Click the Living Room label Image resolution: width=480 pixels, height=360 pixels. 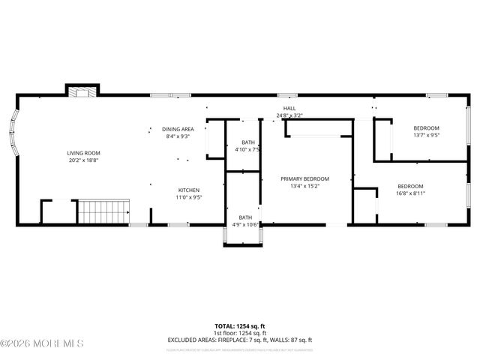coord(82,153)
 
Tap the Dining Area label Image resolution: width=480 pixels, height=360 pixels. coord(178,129)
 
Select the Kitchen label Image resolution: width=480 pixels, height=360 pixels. coord(188,190)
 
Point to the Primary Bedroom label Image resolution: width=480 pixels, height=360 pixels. coord(305,178)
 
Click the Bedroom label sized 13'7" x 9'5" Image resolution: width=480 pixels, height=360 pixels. coord(426,128)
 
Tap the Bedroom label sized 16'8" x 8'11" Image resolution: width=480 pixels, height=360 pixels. coord(410,186)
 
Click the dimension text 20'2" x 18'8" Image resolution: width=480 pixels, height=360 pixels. coord(82,160)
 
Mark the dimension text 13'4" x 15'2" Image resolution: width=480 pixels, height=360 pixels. coord(305,185)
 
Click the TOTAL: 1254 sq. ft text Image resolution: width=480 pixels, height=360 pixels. coord(240,326)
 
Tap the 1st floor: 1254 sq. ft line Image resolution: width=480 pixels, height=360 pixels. coord(240,333)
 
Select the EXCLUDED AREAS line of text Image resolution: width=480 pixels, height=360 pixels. coord(240,340)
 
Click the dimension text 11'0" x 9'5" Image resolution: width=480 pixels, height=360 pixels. coord(188,197)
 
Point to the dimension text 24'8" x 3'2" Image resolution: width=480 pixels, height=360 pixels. coord(289,115)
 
